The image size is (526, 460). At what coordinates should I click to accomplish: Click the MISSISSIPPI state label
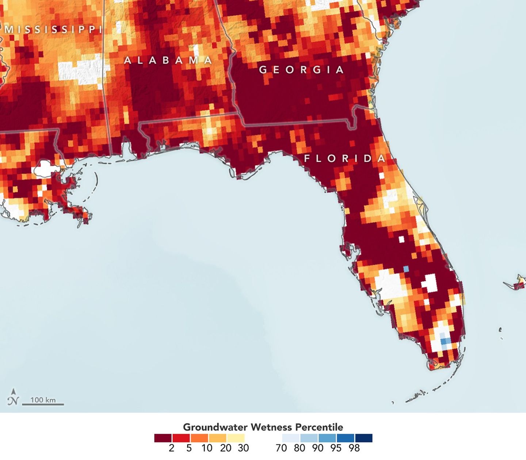[x=53, y=30]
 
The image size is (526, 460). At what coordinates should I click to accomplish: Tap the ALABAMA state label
[x=168, y=60]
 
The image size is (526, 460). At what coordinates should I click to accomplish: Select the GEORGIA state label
[x=301, y=69]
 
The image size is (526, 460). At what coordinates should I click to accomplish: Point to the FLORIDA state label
[x=345, y=158]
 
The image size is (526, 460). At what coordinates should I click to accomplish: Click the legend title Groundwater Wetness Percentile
[x=263, y=427]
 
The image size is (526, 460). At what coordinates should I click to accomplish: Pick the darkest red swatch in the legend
[x=163, y=438]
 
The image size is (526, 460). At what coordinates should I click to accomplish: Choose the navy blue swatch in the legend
[x=363, y=438]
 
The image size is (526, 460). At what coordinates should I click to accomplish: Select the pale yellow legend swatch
[x=236, y=438]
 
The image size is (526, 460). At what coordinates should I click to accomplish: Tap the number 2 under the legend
[x=172, y=448]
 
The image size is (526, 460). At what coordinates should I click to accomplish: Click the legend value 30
[x=243, y=448]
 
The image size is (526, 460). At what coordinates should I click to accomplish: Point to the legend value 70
[x=281, y=448]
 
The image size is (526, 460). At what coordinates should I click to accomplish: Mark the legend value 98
[x=354, y=448]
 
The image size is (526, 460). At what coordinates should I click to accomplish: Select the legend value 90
[x=318, y=448]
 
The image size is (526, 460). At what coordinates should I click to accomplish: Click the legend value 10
[x=207, y=448]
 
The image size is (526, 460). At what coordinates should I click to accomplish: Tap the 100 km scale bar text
[x=43, y=400]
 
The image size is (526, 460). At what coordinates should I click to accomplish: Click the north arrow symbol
[x=14, y=397]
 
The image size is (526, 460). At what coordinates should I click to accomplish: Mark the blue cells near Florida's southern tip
[x=445, y=342]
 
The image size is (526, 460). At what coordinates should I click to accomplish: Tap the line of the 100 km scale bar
[x=43, y=405]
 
